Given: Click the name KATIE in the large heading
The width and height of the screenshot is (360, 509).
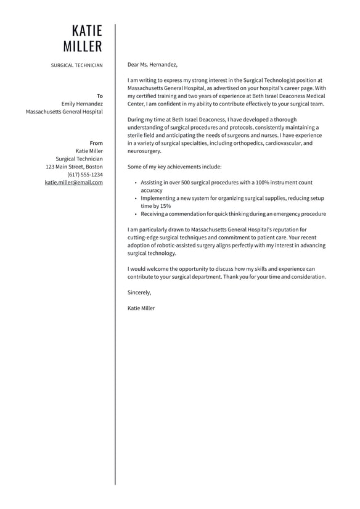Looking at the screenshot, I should [x=87, y=31].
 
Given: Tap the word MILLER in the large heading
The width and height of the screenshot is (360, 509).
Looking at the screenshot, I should [x=83, y=47].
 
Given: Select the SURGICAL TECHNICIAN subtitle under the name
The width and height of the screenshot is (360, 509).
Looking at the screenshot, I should [x=77, y=65].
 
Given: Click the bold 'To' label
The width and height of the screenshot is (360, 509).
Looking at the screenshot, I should [x=100, y=96].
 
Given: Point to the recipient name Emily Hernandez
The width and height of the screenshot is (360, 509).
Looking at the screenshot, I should [x=82, y=104].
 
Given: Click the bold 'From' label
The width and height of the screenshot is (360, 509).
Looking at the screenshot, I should [x=96, y=143].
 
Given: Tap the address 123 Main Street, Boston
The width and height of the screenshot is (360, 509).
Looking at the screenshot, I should [x=74, y=167].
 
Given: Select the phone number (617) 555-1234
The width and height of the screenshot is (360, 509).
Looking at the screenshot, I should [x=85, y=175].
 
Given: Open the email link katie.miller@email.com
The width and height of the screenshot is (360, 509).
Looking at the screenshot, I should [x=74, y=183].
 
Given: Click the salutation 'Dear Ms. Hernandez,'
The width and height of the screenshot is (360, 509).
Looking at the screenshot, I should [x=152, y=64].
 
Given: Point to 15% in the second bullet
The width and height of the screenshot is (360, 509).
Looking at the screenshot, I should [x=165, y=206].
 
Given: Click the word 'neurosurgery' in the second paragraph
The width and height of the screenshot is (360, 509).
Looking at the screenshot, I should [x=144, y=151].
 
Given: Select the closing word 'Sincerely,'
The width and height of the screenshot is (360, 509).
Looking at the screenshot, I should [x=139, y=292].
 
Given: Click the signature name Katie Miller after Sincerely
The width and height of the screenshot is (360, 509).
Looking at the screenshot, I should [x=141, y=308].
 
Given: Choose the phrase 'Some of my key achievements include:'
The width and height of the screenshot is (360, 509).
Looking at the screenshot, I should [x=174, y=167].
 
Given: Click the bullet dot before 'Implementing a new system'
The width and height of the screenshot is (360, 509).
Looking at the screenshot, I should [x=136, y=199].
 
